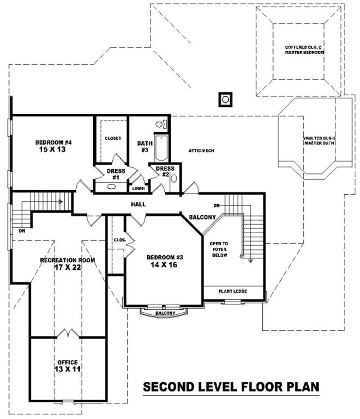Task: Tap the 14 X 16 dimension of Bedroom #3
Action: [x=164, y=265]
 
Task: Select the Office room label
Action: [x=67, y=362]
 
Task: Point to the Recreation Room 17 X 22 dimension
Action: [x=67, y=267]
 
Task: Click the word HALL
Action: [x=138, y=204]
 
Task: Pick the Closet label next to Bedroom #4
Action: [x=112, y=138]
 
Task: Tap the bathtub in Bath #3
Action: [x=160, y=147]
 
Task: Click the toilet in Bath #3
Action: [x=161, y=124]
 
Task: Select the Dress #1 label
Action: [x=116, y=174]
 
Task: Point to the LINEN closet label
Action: [x=138, y=189]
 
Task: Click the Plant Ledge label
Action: [x=232, y=291]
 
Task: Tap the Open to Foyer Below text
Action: [x=219, y=249]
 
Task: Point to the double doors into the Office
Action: [x=68, y=334]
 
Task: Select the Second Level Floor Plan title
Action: [x=231, y=387]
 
